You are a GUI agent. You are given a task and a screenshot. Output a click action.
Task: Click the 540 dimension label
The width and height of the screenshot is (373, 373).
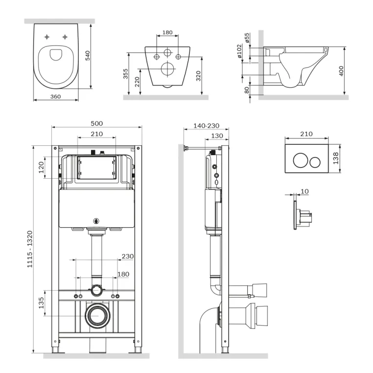click(88, 55)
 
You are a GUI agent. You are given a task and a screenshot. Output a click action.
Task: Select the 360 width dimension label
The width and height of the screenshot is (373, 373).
click(55, 96)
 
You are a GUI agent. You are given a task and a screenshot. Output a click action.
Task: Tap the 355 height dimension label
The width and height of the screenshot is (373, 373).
click(125, 74)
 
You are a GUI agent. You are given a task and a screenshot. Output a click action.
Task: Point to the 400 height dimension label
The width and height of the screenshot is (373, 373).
click(341, 71)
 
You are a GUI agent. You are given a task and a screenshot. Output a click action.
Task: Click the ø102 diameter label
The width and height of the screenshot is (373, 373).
click(239, 51)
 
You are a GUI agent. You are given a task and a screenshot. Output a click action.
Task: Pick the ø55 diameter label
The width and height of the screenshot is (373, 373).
click(247, 38)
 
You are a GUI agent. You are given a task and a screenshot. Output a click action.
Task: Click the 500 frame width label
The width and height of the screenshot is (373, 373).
click(96, 123)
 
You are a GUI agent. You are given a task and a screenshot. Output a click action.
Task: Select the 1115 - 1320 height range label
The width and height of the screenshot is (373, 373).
click(29, 249)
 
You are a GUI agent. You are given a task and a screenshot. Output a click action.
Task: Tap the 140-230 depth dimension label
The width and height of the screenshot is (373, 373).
click(206, 126)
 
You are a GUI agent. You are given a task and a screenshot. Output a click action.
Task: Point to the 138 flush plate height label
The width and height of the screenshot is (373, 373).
click(335, 158)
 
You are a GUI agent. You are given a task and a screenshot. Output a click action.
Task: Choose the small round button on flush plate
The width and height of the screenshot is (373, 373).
click(315, 162)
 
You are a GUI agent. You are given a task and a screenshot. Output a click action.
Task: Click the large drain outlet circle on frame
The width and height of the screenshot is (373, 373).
click(98, 315)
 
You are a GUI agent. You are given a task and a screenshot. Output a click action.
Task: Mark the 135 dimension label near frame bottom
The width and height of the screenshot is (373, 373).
click(41, 303)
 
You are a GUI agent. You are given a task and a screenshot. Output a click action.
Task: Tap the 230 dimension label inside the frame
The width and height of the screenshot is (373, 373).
click(127, 256)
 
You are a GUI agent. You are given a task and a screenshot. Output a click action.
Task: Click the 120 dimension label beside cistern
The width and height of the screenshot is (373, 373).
click(41, 167)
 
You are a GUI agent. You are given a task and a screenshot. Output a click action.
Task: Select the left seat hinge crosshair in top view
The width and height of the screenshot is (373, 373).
click(47, 37)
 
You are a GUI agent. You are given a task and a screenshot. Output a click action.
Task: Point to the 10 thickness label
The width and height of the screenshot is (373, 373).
click(304, 191)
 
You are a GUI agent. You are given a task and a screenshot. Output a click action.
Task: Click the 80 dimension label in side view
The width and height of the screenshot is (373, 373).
click(247, 90)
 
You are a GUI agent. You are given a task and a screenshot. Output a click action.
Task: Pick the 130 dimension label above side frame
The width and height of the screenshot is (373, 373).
click(217, 136)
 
